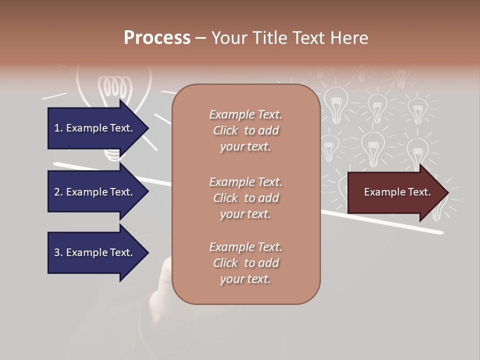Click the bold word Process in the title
point(157,37)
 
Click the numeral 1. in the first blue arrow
point(58,128)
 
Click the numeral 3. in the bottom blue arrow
point(58,252)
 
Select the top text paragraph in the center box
point(245,130)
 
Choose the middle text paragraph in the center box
point(245,198)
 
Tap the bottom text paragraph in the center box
point(245,263)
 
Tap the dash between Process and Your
point(201,38)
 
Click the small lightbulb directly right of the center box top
point(336,102)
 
